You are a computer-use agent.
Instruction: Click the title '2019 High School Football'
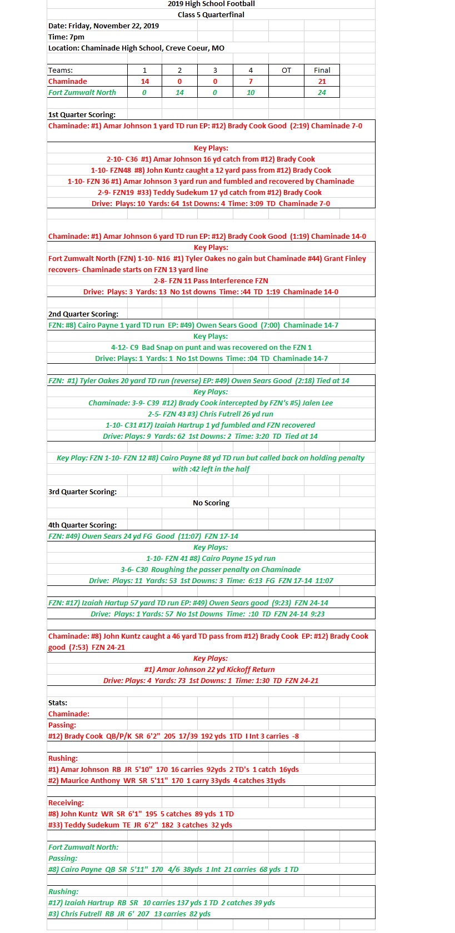tap(211, 4)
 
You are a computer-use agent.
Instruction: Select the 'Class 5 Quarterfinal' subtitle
tap(211, 15)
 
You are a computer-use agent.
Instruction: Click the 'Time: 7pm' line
tap(67, 37)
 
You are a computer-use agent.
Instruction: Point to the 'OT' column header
tap(286, 71)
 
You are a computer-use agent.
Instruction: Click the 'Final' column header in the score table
tap(322, 71)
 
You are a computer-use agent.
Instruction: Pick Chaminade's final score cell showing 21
tap(322, 82)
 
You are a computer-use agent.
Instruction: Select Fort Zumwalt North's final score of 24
tap(322, 93)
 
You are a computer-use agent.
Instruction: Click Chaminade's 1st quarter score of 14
tap(144, 82)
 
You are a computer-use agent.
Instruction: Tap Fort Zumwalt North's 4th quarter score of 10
tap(251, 93)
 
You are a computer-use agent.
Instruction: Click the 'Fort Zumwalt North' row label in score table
tap(82, 93)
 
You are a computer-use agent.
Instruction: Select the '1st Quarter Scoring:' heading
tap(82, 115)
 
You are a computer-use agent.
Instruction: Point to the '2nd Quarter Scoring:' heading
tap(83, 314)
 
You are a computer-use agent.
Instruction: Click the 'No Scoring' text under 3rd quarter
tap(211, 503)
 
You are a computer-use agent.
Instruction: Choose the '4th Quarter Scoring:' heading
tap(82, 525)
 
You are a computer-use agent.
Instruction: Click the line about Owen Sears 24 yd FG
tap(143, 536)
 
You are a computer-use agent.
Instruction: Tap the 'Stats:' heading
tap(58, 703)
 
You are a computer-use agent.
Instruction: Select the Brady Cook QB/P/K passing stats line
tap(173, 736)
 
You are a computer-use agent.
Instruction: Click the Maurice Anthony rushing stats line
tap(167, 781)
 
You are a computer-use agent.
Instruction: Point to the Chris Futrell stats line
tap(129, 914)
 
